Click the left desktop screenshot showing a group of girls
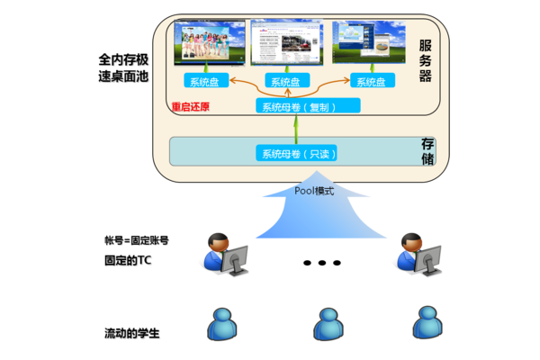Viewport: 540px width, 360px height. pyautogui.click(x=212, y=43)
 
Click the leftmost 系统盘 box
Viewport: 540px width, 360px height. pyautogui.click(x=202, y=82)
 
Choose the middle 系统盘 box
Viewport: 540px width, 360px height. pyautogui.click(x=289, y=82)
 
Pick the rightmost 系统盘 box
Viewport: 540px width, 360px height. pyautogui.click(x=370, y=82)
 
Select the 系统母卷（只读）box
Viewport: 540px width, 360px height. pyautogui.click(x=297, y=153)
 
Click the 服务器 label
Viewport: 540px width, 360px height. pyautogui.click(x=426, y=60)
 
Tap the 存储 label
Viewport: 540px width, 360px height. pyautogui.click(x=427, y=151)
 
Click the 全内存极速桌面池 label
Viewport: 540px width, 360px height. pyautogui.click(x=123, y=68)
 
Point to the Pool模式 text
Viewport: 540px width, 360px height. pyautogui.click(x=314, y=191)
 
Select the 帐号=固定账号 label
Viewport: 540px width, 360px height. pyautogui.click(x=136, y=240)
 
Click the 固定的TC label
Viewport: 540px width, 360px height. pyautogui.click(x=127, y=261)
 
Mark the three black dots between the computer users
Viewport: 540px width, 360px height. pyautogui.click(x=321, y=263)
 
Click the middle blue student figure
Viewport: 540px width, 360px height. pyautogui.click(x=325, y=324)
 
